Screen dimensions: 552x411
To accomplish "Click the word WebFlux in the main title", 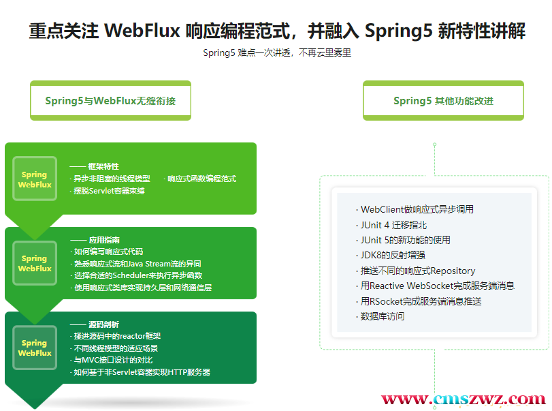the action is tap(142, 30).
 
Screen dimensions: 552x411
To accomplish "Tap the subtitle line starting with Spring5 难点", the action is tap(277, 53).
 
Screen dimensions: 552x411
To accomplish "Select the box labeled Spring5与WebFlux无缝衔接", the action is tap(110, 100).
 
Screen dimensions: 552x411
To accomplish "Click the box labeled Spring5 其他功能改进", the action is tap(443, 100).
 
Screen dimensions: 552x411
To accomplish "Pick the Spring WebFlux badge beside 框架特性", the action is tap(35, 179).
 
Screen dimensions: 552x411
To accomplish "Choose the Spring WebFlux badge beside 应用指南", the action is tap(35, 263).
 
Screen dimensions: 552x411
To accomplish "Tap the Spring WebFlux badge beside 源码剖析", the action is tap(35, 348).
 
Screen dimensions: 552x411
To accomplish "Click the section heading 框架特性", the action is tap(103, 166).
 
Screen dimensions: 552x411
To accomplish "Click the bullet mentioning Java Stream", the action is tap(137, 264).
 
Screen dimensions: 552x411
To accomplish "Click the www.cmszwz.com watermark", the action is tap(464, 399).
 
